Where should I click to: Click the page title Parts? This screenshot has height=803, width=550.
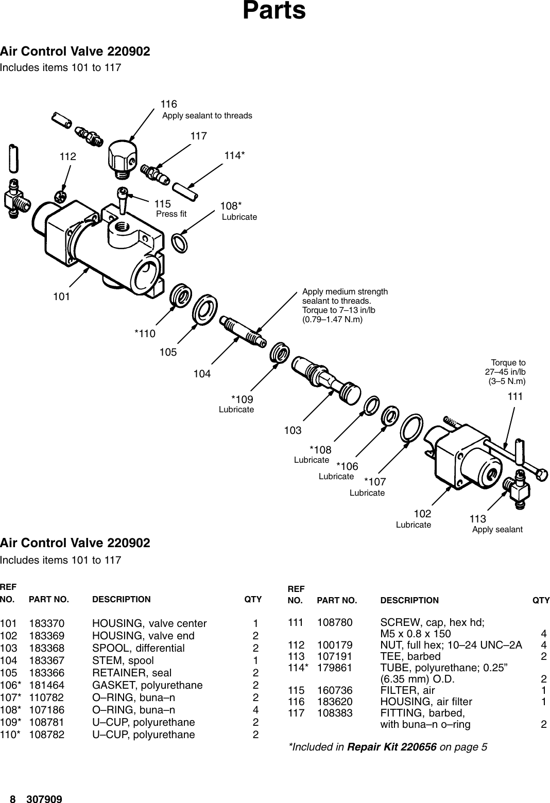(x=274, y=11)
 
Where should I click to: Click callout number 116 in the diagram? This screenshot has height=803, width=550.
(x=169, y=104)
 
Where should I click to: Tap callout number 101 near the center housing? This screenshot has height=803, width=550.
(x=61, y=296)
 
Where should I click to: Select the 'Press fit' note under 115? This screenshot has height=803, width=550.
(x=171, y=214)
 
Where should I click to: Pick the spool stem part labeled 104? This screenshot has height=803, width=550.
(x=242, y=329)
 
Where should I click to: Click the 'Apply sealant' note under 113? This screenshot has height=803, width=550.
(x=497, y=530)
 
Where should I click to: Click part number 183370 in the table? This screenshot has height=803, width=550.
(x=47, y=623)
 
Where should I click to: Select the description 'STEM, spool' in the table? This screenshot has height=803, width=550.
(x=123, y=660)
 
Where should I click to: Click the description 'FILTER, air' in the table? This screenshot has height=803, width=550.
(x=407, y=690)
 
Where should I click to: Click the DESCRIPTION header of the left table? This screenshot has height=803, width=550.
(x=121, y=599)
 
